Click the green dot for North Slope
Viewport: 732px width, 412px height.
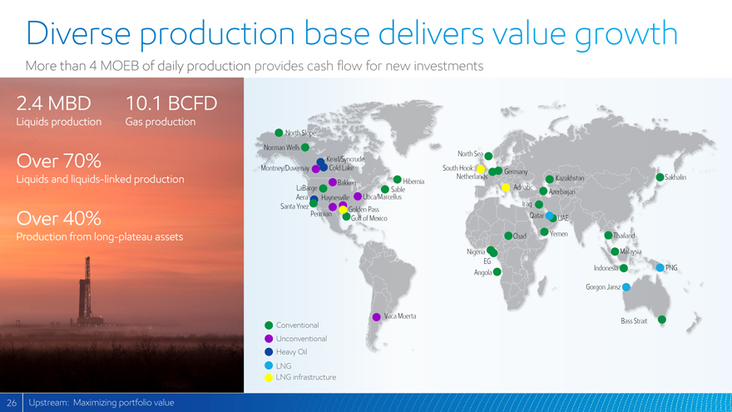click(279, 132)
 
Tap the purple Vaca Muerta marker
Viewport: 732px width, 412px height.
click(376, 317)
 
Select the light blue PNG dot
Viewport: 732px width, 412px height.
click(660, 268)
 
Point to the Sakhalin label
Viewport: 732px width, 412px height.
click(675, 177)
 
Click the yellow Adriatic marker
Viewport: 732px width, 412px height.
click(505, 187)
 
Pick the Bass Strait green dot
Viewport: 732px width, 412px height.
click(661, 320)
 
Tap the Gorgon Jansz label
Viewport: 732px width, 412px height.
click(603, 287)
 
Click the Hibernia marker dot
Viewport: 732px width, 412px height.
click(398, 180)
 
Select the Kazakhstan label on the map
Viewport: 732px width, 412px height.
click(570, 178)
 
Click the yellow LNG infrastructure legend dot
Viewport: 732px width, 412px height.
click(269, 377)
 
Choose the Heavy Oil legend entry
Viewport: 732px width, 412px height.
click(285, 352)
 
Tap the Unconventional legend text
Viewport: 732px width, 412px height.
click(301, 339)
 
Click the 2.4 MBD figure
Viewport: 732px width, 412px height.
click(54, 103)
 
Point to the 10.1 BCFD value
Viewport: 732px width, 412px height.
click(171, 103)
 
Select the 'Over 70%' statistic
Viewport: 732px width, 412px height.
click(59, 161)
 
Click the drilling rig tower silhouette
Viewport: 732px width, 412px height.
click(87, 292)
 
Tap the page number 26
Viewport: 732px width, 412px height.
click(11, 403)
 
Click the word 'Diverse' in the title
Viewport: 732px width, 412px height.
click(78, 32)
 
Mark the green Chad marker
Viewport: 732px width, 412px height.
click(508, 236)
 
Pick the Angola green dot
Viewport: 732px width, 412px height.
click(497, 272)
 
